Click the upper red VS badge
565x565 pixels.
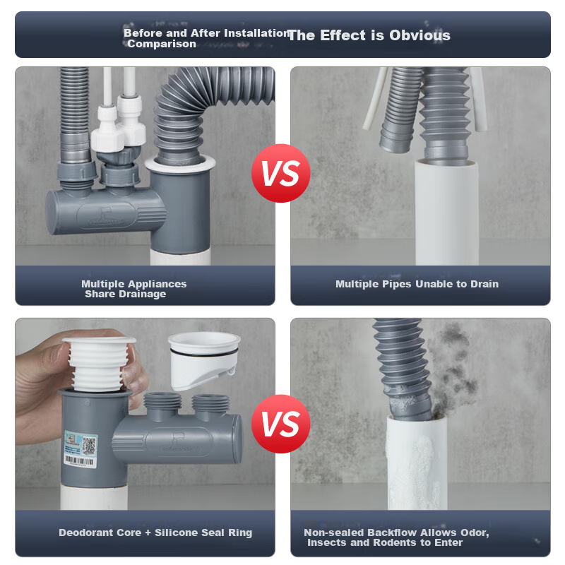[280, 173]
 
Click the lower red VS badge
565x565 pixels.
[280, 424]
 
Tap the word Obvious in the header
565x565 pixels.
[420, 35]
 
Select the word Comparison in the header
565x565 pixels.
[162, 44]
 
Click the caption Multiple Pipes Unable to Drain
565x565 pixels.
[417, 284]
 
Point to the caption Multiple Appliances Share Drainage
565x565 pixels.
[133, 289]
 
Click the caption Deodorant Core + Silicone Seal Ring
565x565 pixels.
[155, 533]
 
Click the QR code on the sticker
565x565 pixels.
[89, 446]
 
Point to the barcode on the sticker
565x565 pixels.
[80, 460]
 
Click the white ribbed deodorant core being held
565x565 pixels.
[99, 363]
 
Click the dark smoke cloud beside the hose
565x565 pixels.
[456, 371]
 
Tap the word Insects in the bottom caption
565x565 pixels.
[328, 542]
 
